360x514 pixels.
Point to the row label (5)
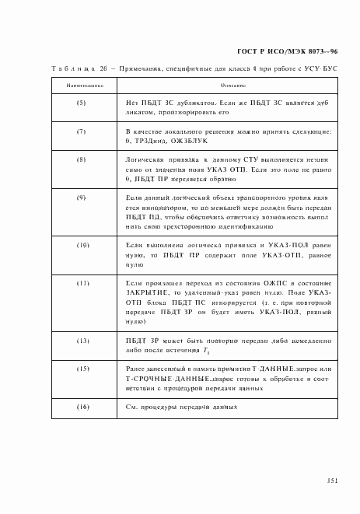coord(80,103)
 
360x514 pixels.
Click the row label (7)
coord(80,131)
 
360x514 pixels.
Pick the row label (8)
coord(80,159)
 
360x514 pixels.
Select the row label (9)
coord(80,198)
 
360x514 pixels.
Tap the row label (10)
coord(80,245)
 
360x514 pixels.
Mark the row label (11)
coord(80,282)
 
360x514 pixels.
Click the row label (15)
coord(80,367)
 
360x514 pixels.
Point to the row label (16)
coord(80,407)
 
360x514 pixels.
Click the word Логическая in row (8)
coord(142,159)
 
